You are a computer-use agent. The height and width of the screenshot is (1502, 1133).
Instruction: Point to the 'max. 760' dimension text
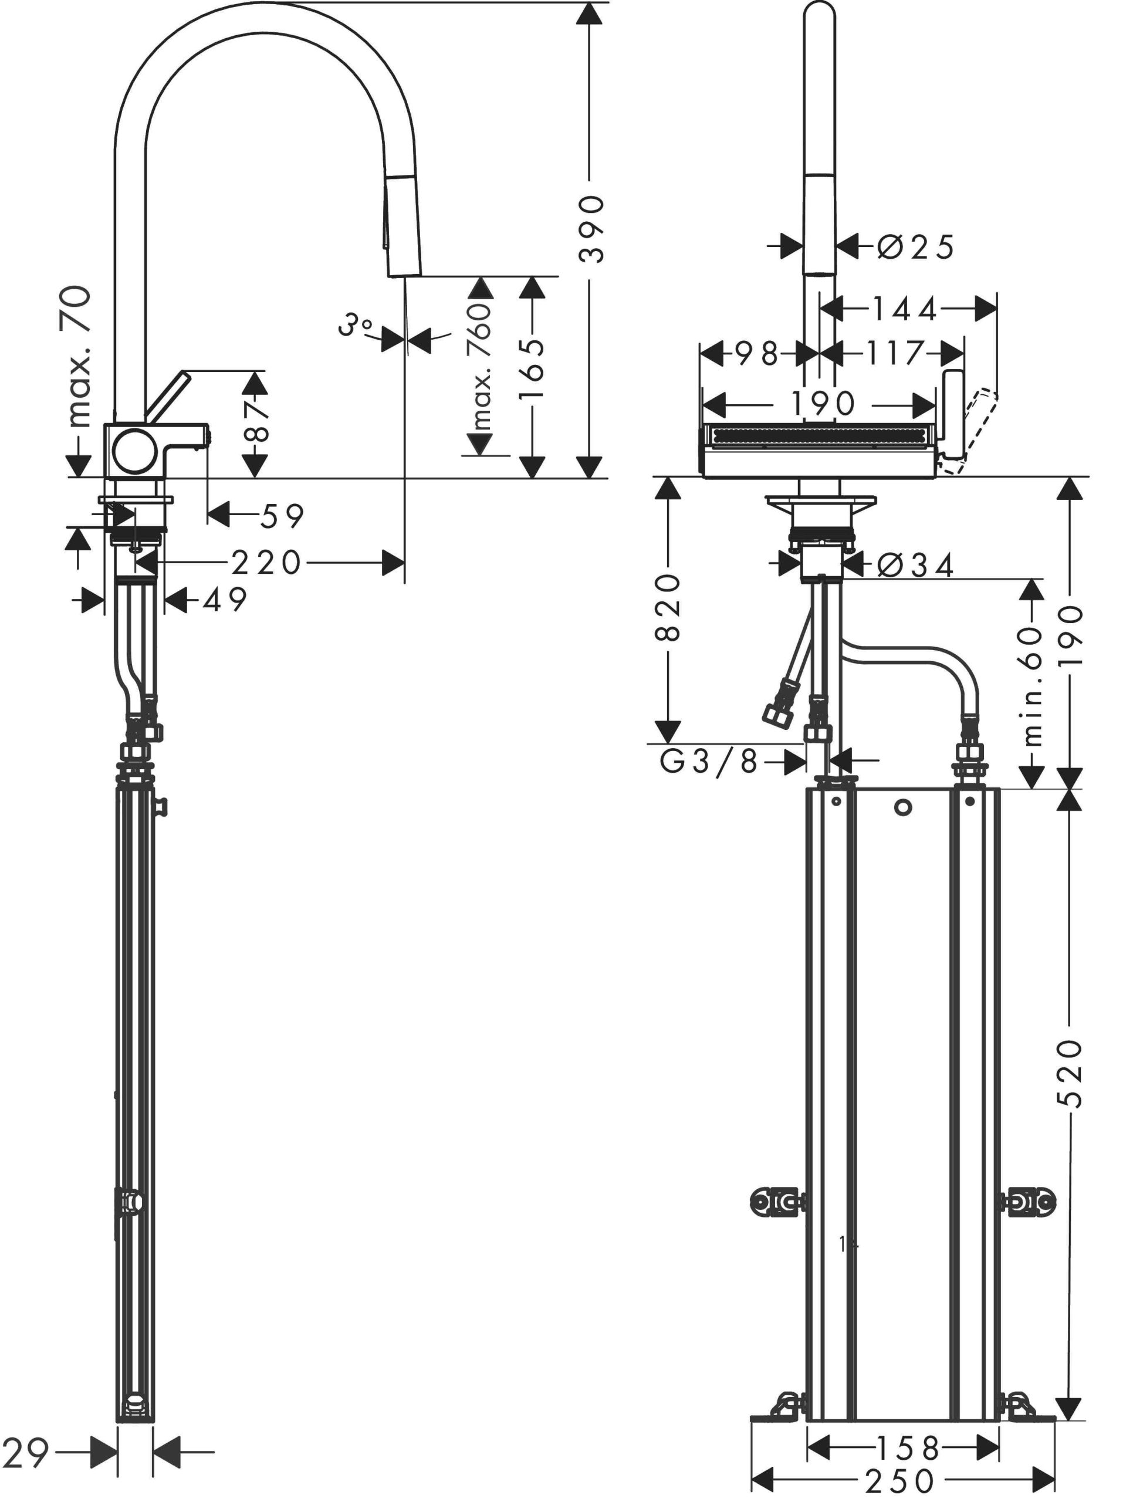point(480,367)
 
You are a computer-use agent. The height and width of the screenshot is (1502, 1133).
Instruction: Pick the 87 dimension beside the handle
point(255,422)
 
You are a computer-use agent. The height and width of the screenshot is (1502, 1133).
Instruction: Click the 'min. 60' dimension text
point(1031,686)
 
